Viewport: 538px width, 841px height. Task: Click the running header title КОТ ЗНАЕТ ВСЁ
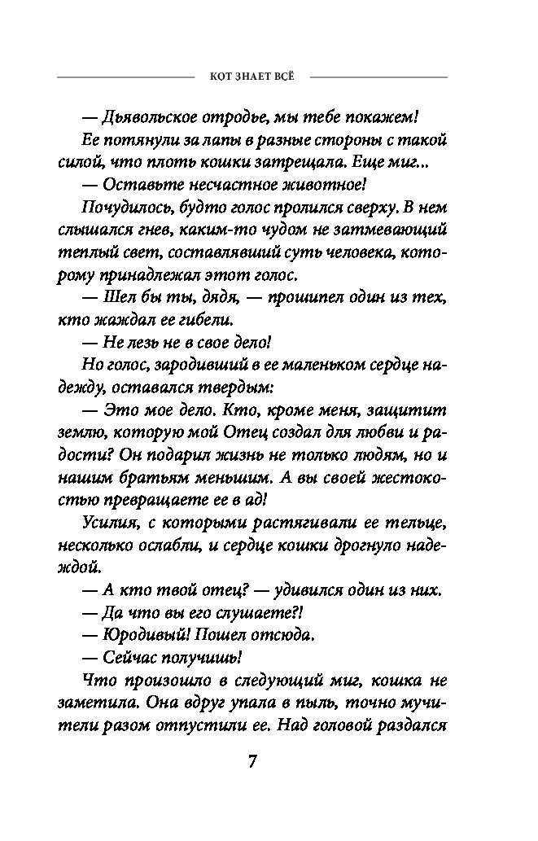[x=252, y=77]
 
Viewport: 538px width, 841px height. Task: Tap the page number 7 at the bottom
[x=252, y=763]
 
